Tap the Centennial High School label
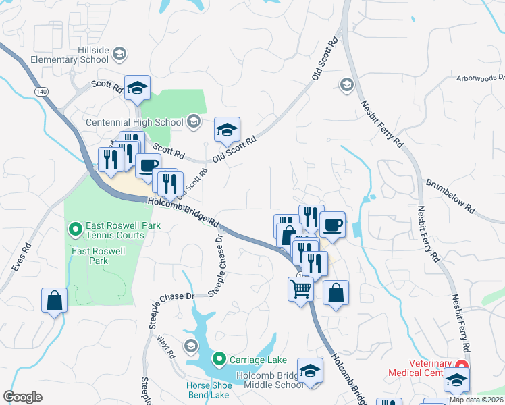[x=135, y=122]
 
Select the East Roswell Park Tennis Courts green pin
[x=75, y=230]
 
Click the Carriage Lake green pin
[x=219, y=358]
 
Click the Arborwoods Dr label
[x=481, y=79]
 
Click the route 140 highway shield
[x=41, y=90]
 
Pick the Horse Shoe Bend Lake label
[x=208, y=390]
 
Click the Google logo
[x=22, y=397]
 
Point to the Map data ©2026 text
[x=475, y=400]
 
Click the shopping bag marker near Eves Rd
[x=54, y=300]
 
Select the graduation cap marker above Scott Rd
[x=137, y=88]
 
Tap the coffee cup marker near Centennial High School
[x=147, y=165]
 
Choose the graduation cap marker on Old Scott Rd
[x=228, y=129]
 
